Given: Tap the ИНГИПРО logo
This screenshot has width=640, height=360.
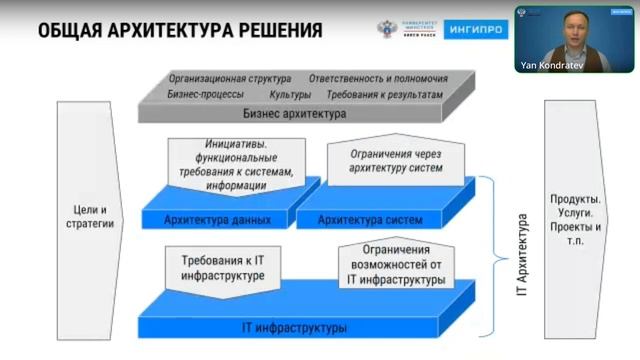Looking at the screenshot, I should [x=470, y=29].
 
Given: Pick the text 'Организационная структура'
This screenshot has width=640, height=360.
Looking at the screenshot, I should [x=230, y=78].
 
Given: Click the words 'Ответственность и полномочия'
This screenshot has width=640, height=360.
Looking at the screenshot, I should [x=378, y=78].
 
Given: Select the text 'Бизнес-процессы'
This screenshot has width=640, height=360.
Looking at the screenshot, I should [x=206, y=93].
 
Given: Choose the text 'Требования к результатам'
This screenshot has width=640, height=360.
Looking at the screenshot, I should [x=384, y=93].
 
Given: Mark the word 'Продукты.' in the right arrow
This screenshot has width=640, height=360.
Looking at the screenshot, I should [x=575, y=198].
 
